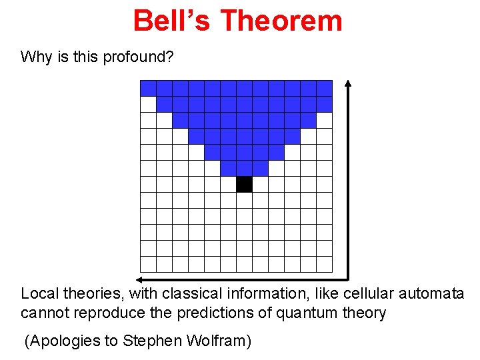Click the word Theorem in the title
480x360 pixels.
tap(281, 21)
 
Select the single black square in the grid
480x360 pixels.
tap(244, 184)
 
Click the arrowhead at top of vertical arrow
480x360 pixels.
tap(348, 85)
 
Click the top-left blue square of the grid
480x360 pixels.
tap(148, 88)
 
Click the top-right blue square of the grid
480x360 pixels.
tap(324, 88)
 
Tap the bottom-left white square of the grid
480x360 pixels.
tap(148, 264)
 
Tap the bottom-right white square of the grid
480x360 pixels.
tap(324, 264)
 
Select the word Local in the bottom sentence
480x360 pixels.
tap(39, 293)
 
